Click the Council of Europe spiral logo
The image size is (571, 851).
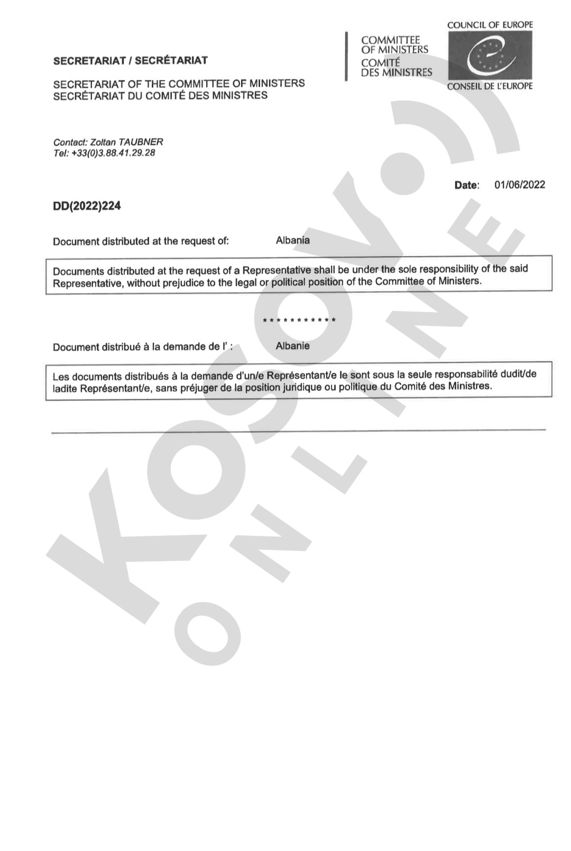pos(490,55)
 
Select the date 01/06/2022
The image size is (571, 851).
pos(519,185)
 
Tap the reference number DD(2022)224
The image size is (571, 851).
pos(87,206)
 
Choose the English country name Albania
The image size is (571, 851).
pos(292,240)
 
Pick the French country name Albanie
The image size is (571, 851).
pos(292,346)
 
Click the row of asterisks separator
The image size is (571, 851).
pos(299,320)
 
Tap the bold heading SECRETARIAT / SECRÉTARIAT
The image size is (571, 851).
pos(130,60)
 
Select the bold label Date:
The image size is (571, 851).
pos(466,185)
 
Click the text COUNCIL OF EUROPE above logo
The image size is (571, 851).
pos(490,24)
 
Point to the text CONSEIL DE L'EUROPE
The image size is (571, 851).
pos(490,86)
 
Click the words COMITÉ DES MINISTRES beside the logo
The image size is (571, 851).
pos(396,68)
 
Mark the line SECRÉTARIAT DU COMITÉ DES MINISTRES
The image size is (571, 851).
pos(160,96)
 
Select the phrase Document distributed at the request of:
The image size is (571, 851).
pos(141,242)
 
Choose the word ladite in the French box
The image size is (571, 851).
pos(65,389)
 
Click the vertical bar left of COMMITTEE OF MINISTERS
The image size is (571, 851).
pos(346,56)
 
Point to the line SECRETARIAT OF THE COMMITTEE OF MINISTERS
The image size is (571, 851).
pos(179,84)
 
